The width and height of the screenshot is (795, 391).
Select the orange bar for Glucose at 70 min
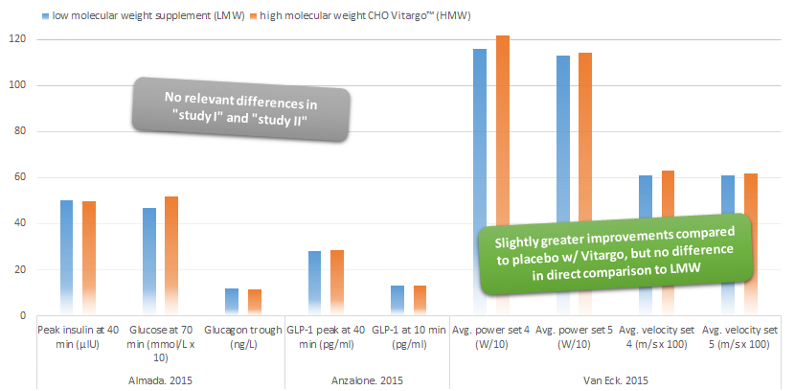[171, 255]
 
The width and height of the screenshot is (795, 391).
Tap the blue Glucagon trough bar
[232, 301]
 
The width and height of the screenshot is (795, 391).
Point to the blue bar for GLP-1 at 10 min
[397, 300]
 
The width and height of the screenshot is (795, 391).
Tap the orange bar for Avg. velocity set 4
[669, 211]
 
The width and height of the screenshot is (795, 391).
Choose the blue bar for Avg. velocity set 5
[728, 211]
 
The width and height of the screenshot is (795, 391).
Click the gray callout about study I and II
[239, 109]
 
